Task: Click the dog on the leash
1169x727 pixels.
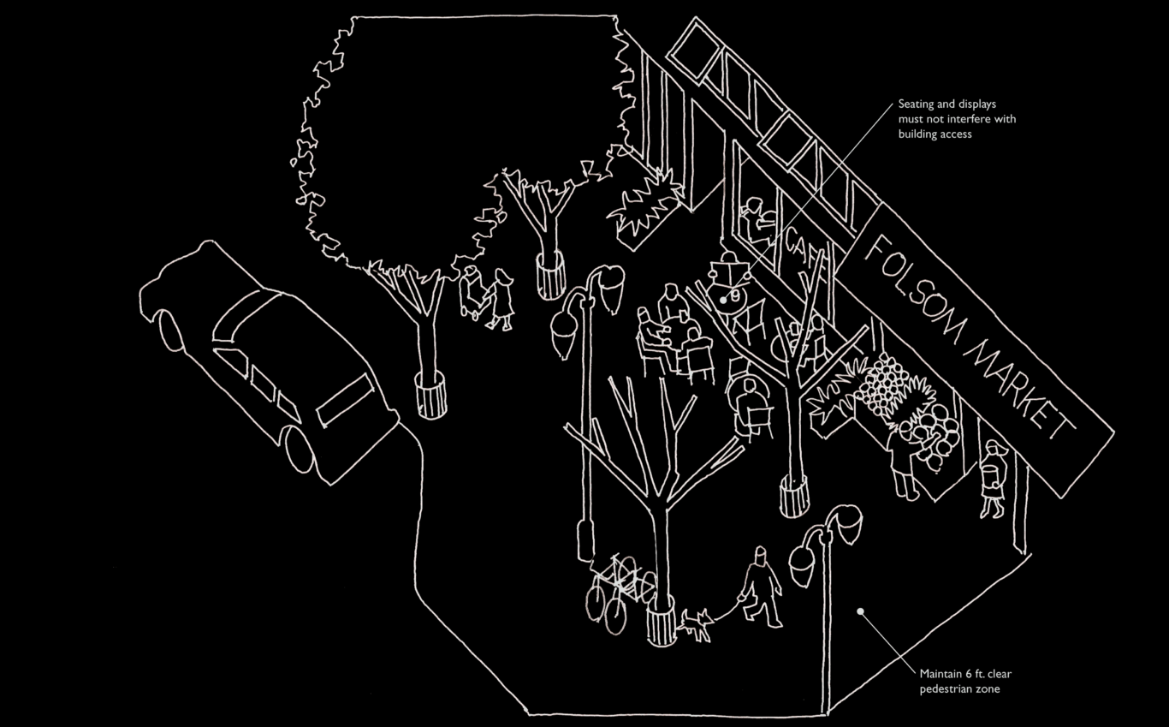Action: (696, 624)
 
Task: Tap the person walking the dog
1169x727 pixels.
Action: (760, 586)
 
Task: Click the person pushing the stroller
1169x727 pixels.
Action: (501, 299)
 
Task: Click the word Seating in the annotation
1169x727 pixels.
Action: (917, 104)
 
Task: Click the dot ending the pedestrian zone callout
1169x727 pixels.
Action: (861, 611)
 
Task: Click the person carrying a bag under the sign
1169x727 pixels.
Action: (993, 480)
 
